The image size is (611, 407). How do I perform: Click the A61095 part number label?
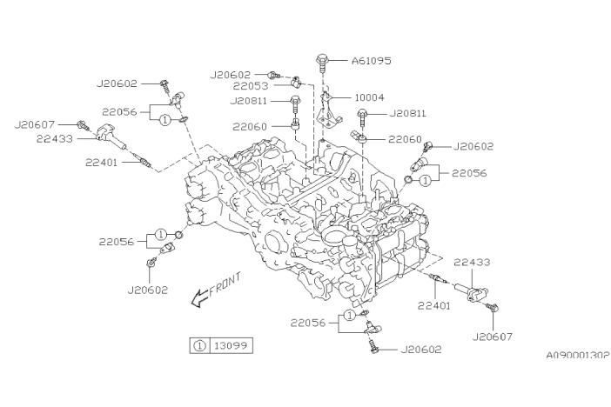372,61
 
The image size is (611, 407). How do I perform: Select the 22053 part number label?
251,86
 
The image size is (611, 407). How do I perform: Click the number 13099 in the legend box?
231,345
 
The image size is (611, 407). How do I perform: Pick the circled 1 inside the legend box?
199,345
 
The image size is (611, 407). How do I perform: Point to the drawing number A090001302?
577,355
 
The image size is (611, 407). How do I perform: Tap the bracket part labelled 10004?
328,109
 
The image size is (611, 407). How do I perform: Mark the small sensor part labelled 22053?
296,83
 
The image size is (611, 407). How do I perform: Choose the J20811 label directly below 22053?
251,101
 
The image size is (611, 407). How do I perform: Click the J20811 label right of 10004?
408,112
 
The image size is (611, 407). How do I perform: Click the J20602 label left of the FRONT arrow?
147,290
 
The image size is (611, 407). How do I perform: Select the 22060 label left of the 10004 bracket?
251,126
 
